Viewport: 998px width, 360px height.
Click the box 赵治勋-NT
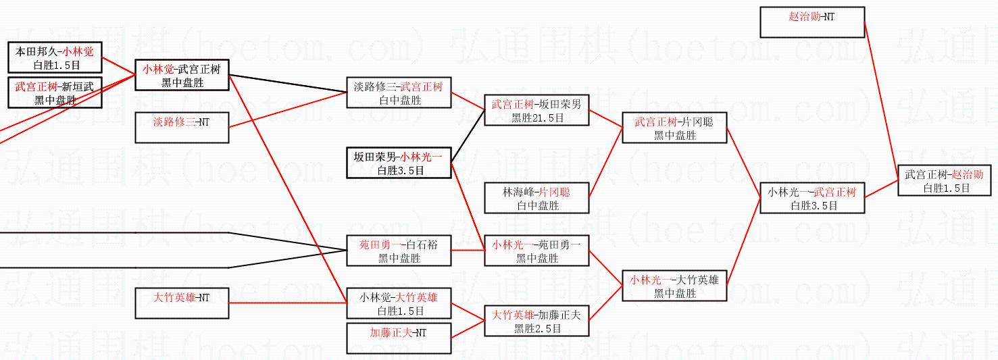pyautogui.click(x=812, y=22)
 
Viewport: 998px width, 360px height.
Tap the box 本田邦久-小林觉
pyautogui.click(x=55, y=57)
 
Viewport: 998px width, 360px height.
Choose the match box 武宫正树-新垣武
pyautogui.click(x=55, y=93)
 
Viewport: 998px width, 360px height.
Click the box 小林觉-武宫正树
pyautogui.click(x=182, y=75)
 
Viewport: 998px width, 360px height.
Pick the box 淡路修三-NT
pyautogui.click(x=182, y=127)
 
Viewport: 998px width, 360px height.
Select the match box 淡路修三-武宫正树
pyautogui.click(x=398, y=93)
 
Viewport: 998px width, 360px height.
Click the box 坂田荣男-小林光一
pyautogui.click(x=398, y=163)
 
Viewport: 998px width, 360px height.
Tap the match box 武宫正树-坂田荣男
pyautogui.click(x=537, y=111)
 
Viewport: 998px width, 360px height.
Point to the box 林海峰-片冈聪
pyautogui.click(x=537, y=198)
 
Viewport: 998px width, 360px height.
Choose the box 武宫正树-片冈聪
pyautogui.click(x=674, y=128)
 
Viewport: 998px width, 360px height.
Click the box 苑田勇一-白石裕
pyautogui.click(x=398, y=251)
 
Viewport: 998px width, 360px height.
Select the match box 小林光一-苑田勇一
pyautogui.click(x=537, y=251)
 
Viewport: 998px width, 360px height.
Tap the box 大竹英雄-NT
pyautogui.click(x=182, y=303)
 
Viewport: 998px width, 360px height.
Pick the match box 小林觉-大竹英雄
pyautogui.click(x=398, y=303)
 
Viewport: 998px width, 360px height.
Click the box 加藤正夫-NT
pyautogui.click(x=398, y=338)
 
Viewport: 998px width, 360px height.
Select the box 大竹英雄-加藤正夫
pyautogui.click(x=537, y=321)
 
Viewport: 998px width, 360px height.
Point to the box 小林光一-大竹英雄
pyautogui.click(x=674, y=286)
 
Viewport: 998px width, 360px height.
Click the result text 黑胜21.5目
pyautogui.click(x=537, y=118)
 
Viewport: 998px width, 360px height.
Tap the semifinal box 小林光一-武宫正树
pyautogui.click(x=812, y=198)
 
